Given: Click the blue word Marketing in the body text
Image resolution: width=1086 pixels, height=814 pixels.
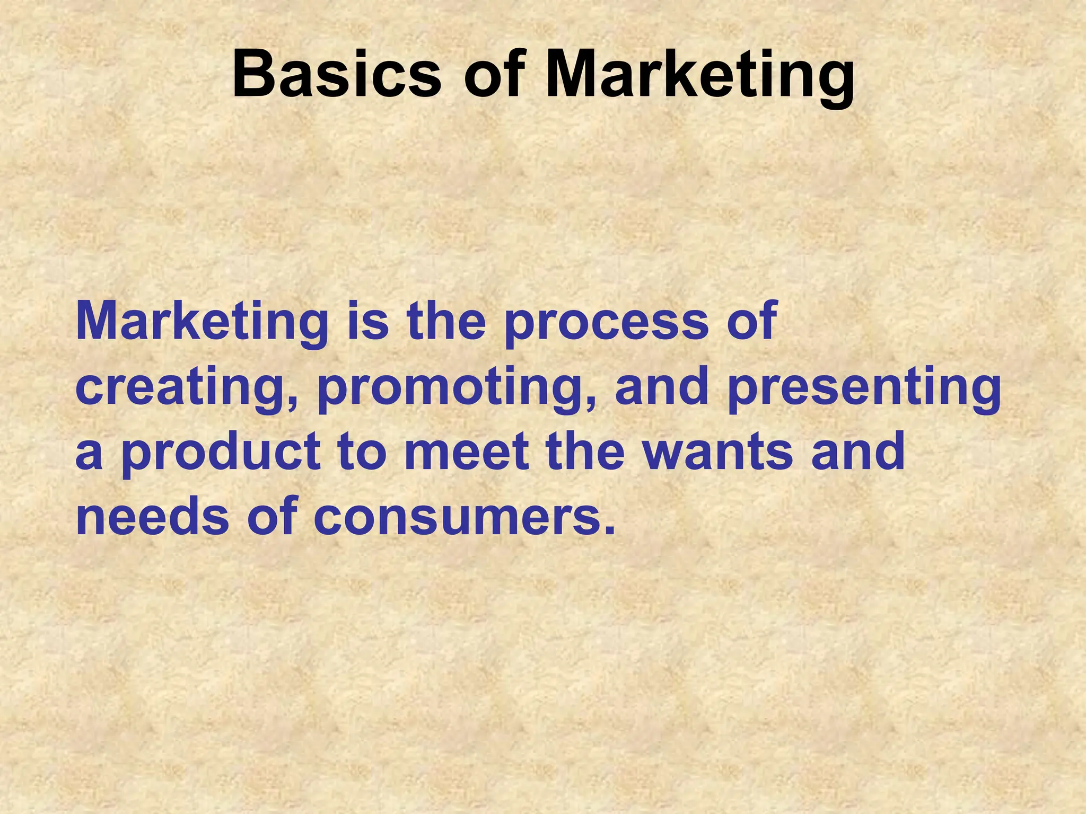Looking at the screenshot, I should coord(202,322).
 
